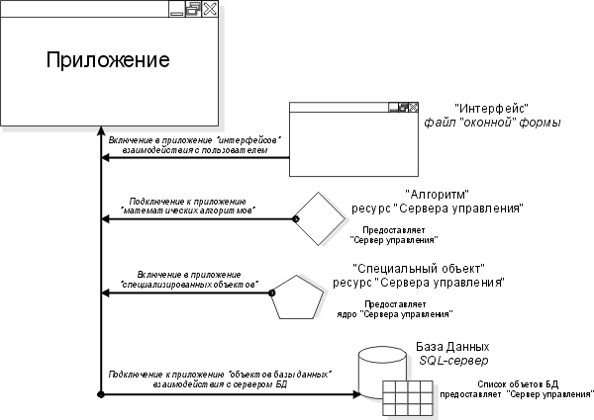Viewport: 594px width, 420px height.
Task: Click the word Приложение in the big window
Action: click(108, 60)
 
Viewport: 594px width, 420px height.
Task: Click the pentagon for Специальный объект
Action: click(297, 295)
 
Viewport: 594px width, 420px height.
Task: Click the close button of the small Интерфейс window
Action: click(412, 107)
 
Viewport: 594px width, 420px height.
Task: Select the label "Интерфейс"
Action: click(492, 107)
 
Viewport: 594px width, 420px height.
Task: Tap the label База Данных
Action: click(452, 348)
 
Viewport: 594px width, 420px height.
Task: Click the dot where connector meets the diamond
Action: click(295, 217)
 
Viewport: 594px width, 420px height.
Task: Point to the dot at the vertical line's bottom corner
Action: click(101, 394)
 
